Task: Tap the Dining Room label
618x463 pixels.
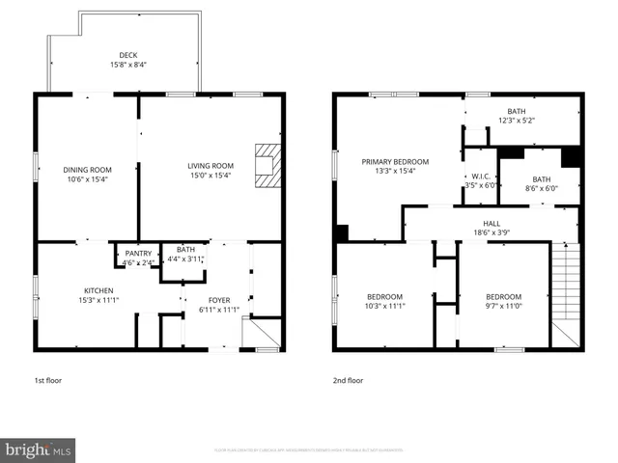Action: click(87, 170)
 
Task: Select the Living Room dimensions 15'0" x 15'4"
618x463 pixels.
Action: click(211, 176)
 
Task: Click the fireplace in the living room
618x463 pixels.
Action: click(266, 166)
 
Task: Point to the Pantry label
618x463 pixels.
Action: click(138, 254)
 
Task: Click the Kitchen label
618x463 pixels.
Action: click(98, 290)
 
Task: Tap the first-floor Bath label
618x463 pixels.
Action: click(185, 249)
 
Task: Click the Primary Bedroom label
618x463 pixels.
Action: click(395, 162)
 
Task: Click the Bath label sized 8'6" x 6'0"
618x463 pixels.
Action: click(542, 178)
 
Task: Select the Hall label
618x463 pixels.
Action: click(492, 222)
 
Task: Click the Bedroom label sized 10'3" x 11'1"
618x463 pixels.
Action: click(385, 296)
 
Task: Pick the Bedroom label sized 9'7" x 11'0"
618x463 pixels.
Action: click(503, 296)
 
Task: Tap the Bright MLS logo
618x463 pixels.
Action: click(39, 449)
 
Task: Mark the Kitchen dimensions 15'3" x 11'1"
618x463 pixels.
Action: click(98, 300)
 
